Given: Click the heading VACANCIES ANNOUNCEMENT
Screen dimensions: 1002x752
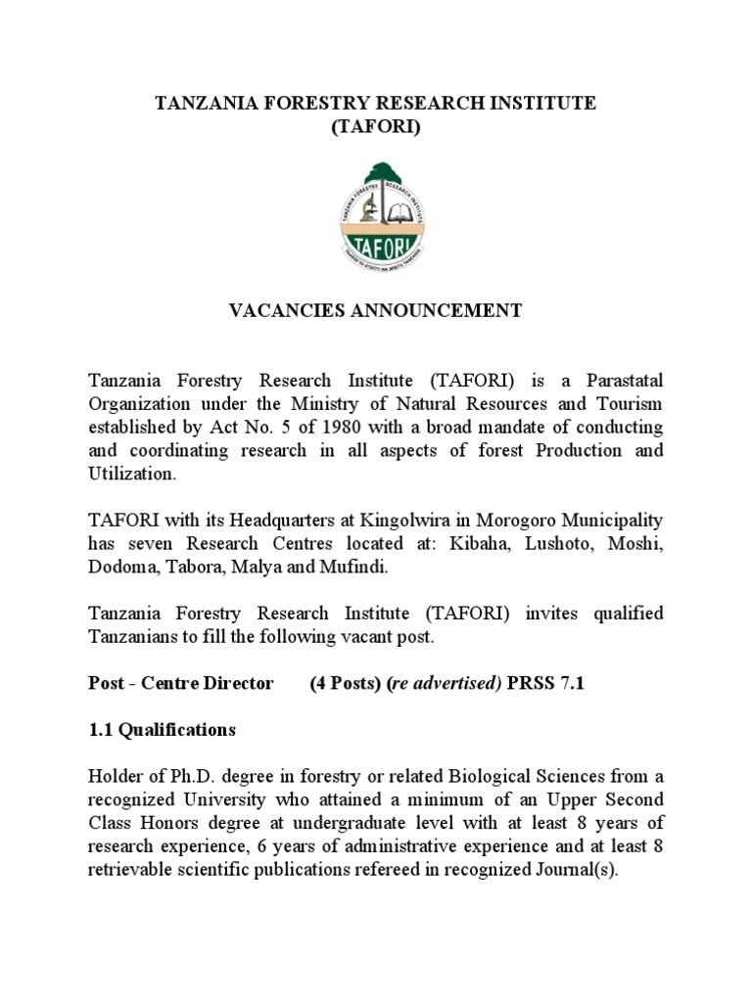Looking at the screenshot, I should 375,311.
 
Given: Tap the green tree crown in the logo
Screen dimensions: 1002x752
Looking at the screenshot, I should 376,177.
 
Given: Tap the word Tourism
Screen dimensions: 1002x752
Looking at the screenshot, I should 624,403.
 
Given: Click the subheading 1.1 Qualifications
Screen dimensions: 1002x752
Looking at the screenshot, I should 162,729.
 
